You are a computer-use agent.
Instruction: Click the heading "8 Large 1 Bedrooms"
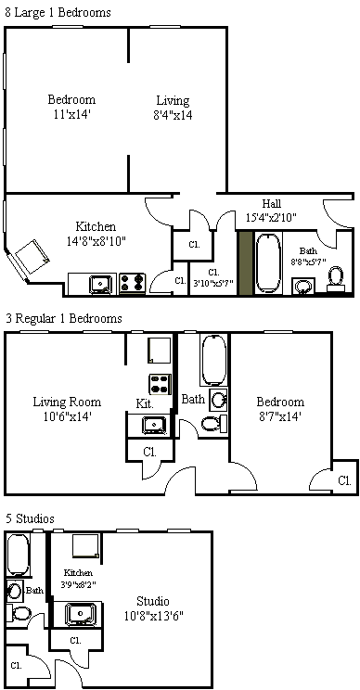(58, 12)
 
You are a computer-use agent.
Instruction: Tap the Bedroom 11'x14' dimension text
(71, 107)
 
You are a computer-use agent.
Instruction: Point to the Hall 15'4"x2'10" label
(271, 211)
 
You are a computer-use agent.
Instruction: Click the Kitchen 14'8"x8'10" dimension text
(96, 233)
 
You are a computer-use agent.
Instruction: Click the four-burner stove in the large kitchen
(133, 284)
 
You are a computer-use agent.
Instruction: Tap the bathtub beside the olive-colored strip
(268, 263)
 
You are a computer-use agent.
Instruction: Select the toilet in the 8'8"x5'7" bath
(336, 277)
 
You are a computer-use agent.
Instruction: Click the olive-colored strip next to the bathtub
(246, 262)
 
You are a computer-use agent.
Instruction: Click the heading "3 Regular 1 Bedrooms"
(63, 318)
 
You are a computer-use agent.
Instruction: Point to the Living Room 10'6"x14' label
(67, 409)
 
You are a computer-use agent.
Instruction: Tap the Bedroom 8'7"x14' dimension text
(280, 409)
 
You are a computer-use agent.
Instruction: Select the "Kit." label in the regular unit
(145, 404)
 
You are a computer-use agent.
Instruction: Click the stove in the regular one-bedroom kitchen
(160, 384)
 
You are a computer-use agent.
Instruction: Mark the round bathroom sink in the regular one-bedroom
(218, 399)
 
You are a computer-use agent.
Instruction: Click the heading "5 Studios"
(30, 518)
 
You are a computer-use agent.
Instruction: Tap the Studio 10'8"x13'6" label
(153, 607)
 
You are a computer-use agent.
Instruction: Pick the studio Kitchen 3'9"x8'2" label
(78, 578)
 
